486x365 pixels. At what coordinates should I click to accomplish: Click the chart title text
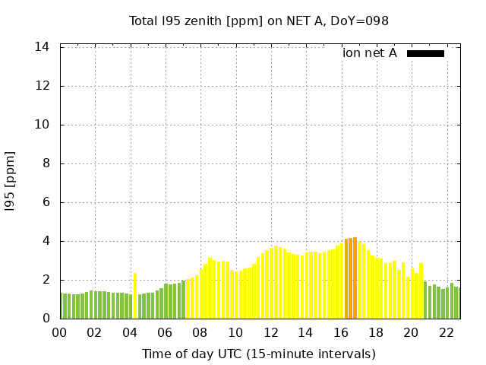pyautogui.click(x=259, y=21)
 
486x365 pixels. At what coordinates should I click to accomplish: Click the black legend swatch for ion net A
pyautogui.click(x=425, y=53)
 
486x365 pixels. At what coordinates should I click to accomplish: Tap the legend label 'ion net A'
pyautogui.click(x=370, y=53)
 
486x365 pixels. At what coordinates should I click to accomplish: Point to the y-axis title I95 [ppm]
pyautogui.click(x=11, y=181)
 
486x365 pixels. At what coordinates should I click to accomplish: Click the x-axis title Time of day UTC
pyautogui.click(x=259, y=354)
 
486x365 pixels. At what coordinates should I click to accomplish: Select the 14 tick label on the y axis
pyautogui.click(x=43, y=47)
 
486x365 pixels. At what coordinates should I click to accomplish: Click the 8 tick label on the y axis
pyautogui.click(x=46, y=163)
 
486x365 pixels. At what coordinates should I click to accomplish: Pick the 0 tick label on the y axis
pyautogui.click(x=46, y=319)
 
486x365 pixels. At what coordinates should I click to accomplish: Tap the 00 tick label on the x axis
pyautogui.click(x=60, y=332)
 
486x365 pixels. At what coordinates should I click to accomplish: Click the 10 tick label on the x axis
pyautogui.click(x=235, y=332)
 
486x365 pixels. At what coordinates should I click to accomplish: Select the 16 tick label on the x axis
pyautogui.click(x=341, y=332)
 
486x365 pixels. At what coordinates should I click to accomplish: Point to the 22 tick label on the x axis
pyautogui.click(x=447, y=332)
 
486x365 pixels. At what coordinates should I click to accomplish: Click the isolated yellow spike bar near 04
pyautogui.click(x=135, y=296)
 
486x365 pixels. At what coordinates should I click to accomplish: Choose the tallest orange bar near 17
pyautogui.click(x=355, y=278)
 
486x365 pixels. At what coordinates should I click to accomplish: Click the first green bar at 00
pyautogui.click(x=62, y=306)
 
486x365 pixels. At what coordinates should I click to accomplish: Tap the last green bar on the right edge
pyautogui.click(x=456, y=303)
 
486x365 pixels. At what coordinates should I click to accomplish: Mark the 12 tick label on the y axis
pyautogui.click(x=43, y=86)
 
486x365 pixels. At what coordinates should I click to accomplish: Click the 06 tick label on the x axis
pyautogui.click(x=166, y=332)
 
